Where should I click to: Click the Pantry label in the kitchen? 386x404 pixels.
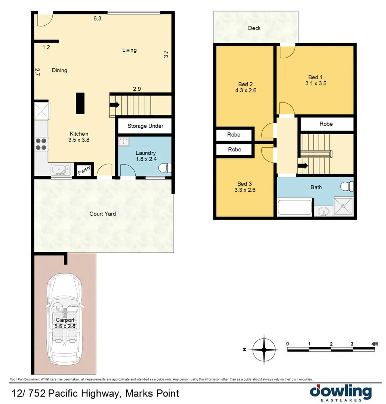tap(84, 170)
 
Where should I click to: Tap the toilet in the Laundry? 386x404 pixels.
tap(164, 168)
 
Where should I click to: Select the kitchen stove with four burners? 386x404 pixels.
tap(41, 144)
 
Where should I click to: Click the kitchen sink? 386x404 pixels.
tap(60, 170)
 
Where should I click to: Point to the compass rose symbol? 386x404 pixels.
tap(264, 349)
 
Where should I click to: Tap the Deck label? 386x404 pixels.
tap(254, 28)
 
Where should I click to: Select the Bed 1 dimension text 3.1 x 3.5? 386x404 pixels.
tap(315, 83)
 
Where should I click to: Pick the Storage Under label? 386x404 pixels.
tap(145, 126)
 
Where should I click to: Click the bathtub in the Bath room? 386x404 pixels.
tap(294, 207)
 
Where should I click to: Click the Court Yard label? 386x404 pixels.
tap(102, 214)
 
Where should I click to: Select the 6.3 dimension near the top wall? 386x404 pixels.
tap(97, 18)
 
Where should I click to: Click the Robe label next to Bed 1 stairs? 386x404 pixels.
tap(326, 124)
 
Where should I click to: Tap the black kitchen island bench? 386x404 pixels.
tap(80, 103)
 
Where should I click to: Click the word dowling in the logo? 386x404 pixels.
tap(341, 392)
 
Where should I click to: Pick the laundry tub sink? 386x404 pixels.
tap(124, 143)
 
